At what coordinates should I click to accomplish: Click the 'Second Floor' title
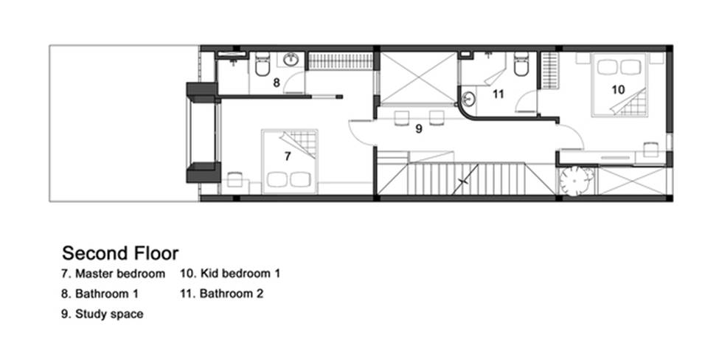120,253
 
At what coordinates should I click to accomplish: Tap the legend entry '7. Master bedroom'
114,274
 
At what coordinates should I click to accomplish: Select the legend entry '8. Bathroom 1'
100,294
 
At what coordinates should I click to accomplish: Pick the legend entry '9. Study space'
103,314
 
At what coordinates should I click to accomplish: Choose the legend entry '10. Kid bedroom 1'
230,274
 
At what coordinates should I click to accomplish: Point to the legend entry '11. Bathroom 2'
222,294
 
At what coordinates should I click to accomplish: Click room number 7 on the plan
288,156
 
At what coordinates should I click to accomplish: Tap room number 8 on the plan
277,83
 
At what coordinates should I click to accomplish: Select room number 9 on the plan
419,129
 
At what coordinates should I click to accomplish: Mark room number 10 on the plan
618,89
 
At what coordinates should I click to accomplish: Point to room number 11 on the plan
499,94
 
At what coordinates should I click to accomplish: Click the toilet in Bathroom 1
263,65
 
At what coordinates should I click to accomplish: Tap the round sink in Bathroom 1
291,59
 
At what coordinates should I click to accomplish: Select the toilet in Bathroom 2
521,64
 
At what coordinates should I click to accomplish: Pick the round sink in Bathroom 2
468,98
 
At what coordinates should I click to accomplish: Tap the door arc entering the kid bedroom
571,136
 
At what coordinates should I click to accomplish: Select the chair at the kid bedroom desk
651,150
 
